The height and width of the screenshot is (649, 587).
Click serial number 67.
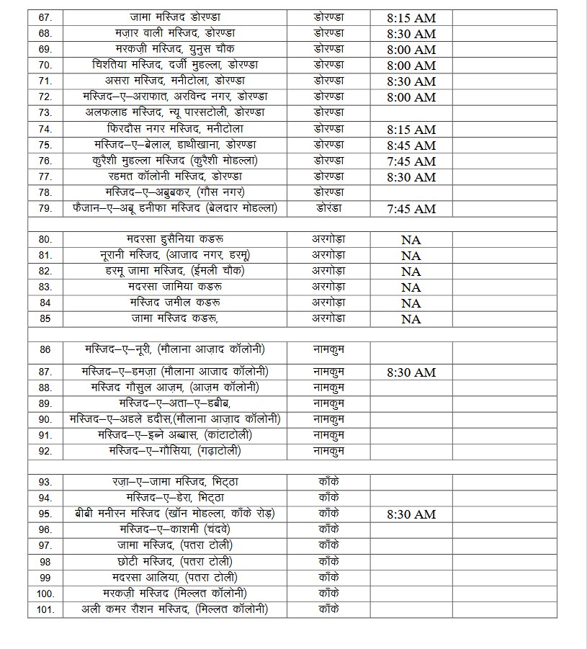point(45,17)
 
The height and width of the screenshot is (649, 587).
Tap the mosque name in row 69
point(174,49)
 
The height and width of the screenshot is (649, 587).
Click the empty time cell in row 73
point(411,113)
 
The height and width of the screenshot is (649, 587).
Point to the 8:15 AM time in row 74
point(411,130)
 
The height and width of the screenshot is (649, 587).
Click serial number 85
point(45,318)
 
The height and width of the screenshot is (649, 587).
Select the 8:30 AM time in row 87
point(411,372)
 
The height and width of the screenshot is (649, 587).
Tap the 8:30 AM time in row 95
point(411,514)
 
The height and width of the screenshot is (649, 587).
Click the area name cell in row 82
point(329,271)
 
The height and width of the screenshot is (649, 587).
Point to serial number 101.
point(45,609)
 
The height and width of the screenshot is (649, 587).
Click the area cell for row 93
point(329,482)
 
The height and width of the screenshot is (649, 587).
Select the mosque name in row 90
point(174,419)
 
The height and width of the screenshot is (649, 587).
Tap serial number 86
point(45,350)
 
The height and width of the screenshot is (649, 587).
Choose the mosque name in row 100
point(174,593)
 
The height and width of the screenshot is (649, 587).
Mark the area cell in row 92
point(329,451)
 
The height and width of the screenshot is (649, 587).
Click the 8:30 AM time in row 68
point(411,34)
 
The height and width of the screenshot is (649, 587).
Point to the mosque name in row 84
point(174,303)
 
